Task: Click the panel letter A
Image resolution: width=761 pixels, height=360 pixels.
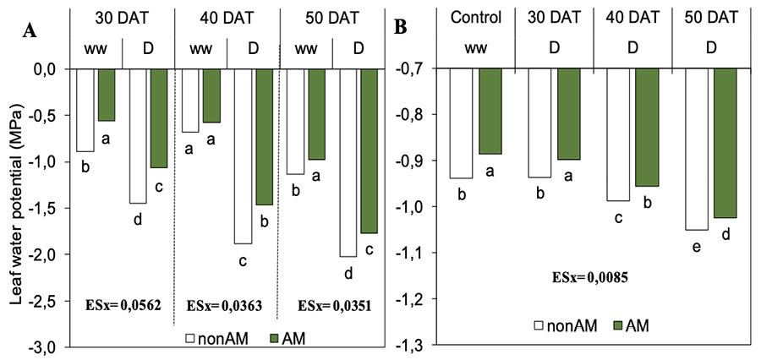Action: (x=30, y=31)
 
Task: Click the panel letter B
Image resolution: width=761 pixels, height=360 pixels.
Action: (x=402, y=27)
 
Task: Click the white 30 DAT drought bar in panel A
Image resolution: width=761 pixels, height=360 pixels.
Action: (x=138, y=136)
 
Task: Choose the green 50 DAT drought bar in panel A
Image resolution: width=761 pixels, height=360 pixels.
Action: (x=369, y=150)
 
